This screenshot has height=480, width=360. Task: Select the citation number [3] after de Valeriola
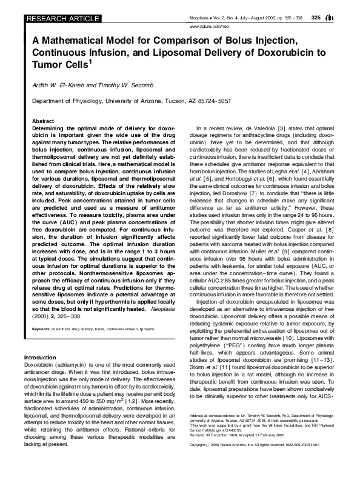tap(281, 130)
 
